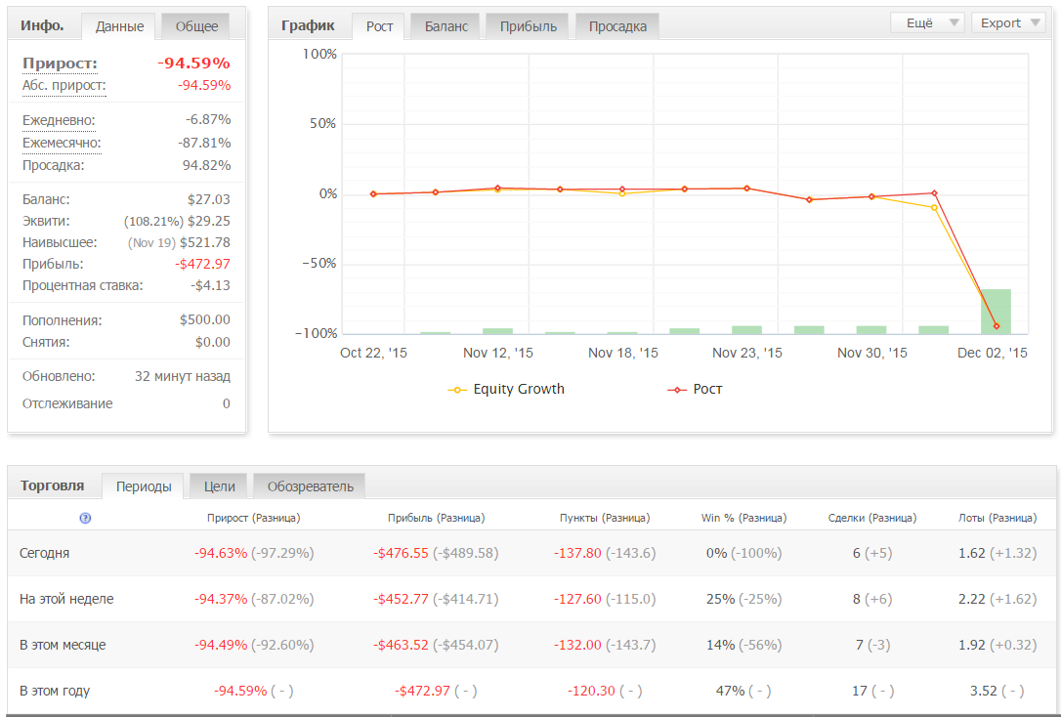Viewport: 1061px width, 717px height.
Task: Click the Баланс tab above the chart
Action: (x=446, y=26)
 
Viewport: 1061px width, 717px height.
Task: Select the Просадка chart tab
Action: (x=617, y=26)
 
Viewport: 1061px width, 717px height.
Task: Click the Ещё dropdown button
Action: (x=928, y=23)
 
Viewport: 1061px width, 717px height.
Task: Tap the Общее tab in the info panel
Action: (x=196, y=26)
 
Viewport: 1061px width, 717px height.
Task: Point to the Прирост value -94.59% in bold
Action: (x=194, y=63)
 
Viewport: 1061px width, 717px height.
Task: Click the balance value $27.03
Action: (x=208, y=199)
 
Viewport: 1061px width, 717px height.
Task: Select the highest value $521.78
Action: (x=205, y=242)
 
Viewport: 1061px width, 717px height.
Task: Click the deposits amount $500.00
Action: (x=205, y=319)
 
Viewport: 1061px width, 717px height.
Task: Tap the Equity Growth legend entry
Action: (x=506, y=390)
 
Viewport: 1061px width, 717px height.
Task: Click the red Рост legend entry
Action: (x=695, y=390)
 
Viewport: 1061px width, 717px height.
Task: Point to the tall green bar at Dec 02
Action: (x=996, y=312)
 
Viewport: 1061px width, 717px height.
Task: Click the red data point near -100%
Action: (x=997, y=326)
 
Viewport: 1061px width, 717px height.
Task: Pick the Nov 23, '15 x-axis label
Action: (x=747, y=353)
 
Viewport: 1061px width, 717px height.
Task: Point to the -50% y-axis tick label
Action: (x=318, y=263)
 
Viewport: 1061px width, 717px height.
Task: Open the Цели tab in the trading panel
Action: (x=219, y=486)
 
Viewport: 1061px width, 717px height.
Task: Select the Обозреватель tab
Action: (x=310, y=486)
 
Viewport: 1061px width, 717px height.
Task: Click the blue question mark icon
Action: (x=85, y=518)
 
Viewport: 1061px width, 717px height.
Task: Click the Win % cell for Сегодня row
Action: (x=743, y=553)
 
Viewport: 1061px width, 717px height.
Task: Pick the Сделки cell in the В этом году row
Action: (x=872, y=692)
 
